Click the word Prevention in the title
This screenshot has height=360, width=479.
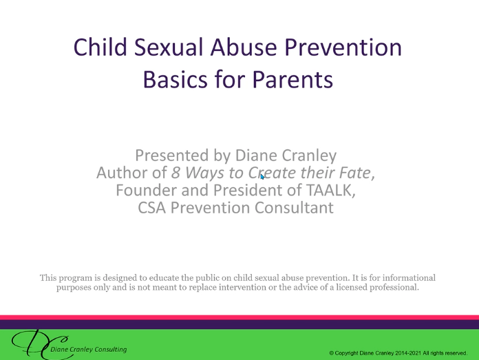point(343,47)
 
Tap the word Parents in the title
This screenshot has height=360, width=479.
point(292,79)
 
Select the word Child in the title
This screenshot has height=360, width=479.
point(100,47)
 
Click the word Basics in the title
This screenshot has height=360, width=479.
point(175,79)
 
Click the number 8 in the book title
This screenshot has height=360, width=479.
point(175,173)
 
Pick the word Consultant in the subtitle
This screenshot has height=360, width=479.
point(294,208)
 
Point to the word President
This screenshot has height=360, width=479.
point(248,190)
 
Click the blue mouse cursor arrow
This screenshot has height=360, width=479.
point(262,177)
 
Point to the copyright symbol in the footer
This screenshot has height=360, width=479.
point(332,353)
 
